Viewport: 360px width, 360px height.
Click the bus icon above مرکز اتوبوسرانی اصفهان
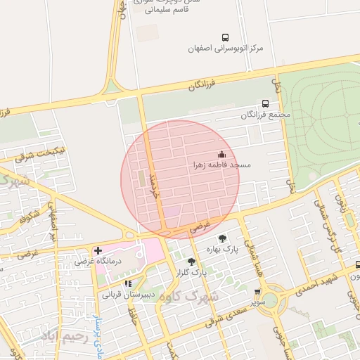click(225, 37)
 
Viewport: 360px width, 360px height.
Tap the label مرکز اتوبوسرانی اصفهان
click(225, 49)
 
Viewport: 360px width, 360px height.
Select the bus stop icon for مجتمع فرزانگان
click(265, 103)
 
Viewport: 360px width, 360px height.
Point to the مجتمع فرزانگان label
click(265, 115)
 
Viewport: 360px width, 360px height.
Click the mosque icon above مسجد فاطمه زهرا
click(222, 154)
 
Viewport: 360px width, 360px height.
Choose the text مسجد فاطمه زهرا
click(222, 165)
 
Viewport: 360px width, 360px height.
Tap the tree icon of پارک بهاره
click(223, 238)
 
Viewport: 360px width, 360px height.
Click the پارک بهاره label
click(223, 249)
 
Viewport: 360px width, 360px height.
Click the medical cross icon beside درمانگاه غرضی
click(98, 250)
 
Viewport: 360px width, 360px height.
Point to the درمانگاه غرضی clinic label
click(99, 261)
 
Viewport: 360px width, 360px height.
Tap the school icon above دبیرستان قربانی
click(127, 283)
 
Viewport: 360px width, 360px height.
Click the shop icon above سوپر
click(257, 291)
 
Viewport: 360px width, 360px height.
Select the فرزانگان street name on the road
click(200, 84)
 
